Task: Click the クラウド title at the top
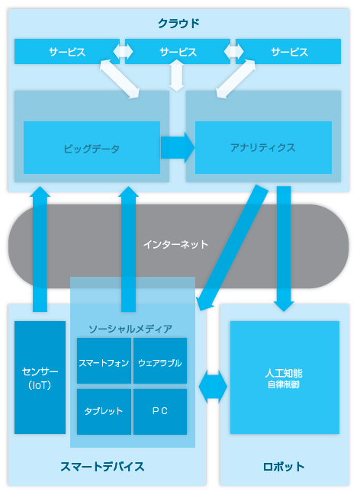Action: (x=178, y=24)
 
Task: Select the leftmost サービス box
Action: (x=67, y=51)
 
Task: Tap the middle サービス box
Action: (x=178, y=51)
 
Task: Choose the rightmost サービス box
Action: (x=288, y=51)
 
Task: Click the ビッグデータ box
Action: (x=92, y=147)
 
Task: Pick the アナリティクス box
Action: (x=263, y=147)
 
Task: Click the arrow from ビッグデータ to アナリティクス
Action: (x=178, y=147)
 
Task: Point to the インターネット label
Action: (x=175, y=244)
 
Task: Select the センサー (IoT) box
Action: (x=40, y=378)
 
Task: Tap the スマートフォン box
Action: (x=104, y=361)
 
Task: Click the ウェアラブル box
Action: (x=160, y=361)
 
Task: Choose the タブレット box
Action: (x=104, y=412)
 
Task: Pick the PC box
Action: (x=160, y=412)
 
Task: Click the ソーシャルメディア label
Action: (x=130, y=329)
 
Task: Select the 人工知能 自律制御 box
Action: (x=284, y=378)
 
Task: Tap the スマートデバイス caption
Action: (x=102, y=467)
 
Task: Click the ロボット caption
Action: (x=284, y=467)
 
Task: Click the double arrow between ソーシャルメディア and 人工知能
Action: (x=213, y=386)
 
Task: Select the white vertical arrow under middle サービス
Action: (x=177, y=76)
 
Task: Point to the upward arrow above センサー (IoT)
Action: (x=40, y=249)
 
